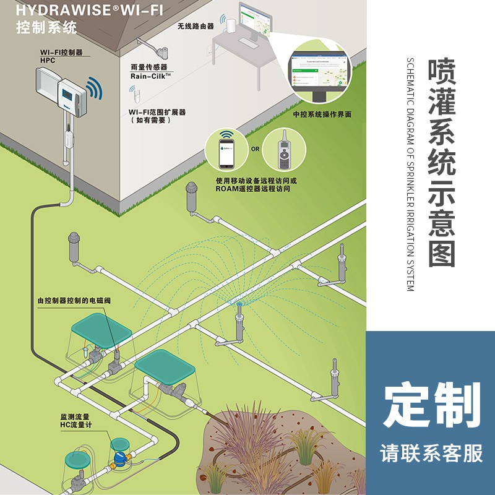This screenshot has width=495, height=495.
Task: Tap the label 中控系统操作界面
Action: [322, 114]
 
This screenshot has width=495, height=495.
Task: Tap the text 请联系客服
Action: [432, 454]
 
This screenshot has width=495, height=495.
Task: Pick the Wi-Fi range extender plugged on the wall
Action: [133, 95]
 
